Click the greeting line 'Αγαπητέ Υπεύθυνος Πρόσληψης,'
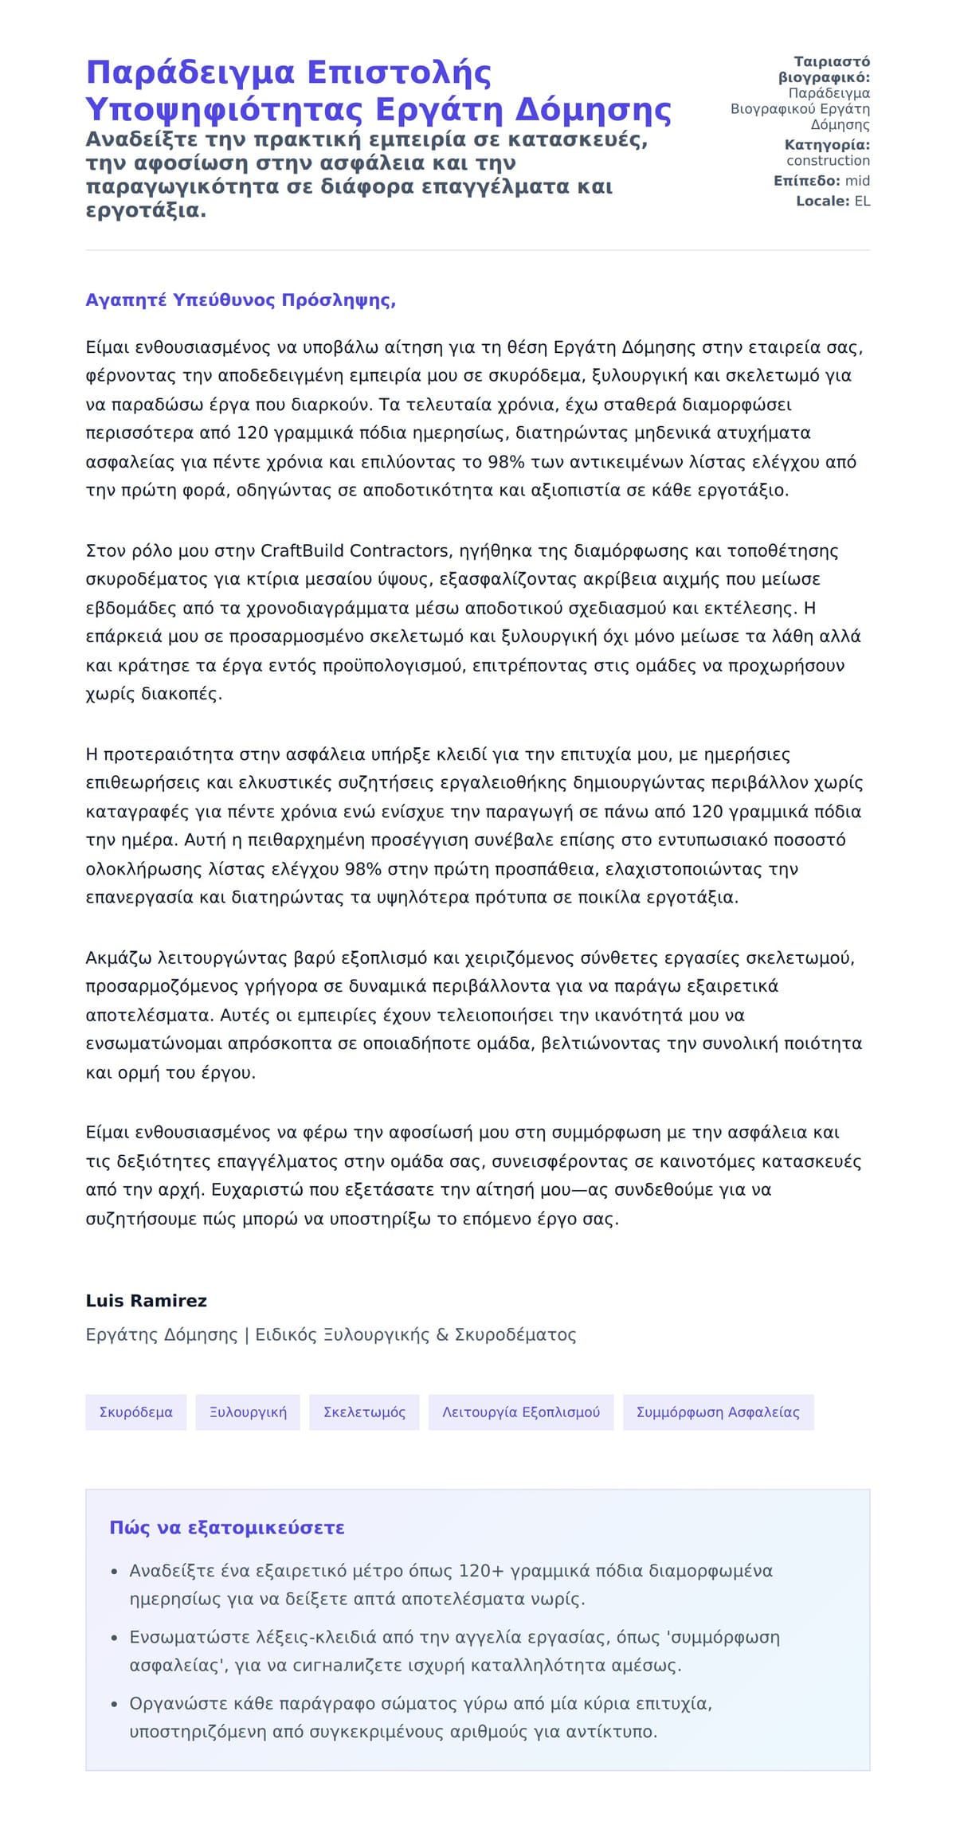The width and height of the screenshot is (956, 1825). [241, 300]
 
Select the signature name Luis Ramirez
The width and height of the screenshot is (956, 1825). [146, 1301]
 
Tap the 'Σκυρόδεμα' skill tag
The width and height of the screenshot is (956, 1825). [135, 1412]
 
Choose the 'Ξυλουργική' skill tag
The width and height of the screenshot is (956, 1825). [248, 1412]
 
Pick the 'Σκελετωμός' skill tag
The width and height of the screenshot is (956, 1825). [364, 1412]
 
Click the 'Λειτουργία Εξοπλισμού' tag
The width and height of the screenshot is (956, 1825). [521, 1412]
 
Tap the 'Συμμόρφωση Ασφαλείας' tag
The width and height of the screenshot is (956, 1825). [718, 1412]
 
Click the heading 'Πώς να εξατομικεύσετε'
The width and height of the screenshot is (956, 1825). [227, 1528]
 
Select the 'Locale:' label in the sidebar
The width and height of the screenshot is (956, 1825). [823, 202]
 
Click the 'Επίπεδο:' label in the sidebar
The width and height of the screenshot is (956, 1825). [807, 181]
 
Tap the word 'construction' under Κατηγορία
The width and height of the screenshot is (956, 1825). [828, 161]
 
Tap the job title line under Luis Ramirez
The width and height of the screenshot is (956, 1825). [331, 1335]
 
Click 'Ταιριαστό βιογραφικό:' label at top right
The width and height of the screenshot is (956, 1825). [825, 69]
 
